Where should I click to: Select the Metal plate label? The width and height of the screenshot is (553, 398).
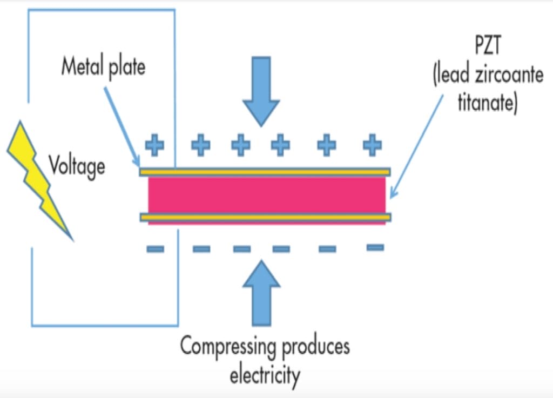[103, 68]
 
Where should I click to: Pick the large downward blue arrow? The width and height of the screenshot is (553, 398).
[261, 92]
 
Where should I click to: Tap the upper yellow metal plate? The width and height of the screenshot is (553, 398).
[265, 172]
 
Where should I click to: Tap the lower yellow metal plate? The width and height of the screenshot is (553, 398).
[265, 217]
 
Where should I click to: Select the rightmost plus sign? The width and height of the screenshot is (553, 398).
[372, 144]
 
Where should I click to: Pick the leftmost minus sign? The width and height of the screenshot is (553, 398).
[156, 249]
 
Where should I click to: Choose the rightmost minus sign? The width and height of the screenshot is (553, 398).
[375, 247]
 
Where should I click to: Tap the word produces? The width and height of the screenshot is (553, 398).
[315, 346]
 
